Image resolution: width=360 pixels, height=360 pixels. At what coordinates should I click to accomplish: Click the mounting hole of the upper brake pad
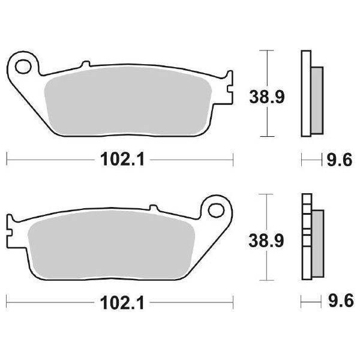click(x=23, y=64)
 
